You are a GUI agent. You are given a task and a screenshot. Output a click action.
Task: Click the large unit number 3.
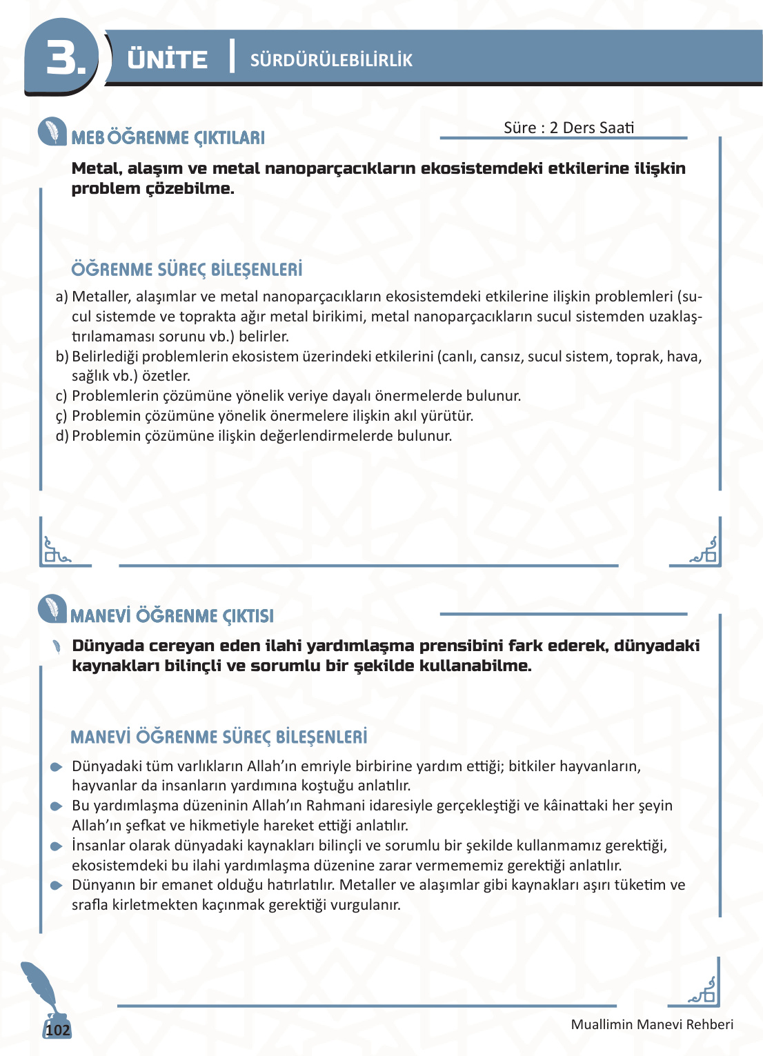(65, 58)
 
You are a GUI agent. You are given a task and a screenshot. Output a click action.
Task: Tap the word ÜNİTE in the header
(167, 60)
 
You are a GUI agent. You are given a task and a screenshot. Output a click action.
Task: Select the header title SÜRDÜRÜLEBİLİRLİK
(331, 61)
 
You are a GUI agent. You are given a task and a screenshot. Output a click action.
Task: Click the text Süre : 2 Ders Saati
(568, 128)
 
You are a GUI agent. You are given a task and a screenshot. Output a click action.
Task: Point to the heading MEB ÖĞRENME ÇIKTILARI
(168, 138)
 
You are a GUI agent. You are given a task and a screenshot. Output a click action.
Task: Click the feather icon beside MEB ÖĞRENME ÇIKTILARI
(52, 131)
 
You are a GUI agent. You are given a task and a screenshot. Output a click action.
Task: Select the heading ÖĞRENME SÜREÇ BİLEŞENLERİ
(187, 270)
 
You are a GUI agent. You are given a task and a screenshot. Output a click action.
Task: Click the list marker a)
(61, 297)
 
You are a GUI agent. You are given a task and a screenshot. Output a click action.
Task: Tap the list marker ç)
(61, 416)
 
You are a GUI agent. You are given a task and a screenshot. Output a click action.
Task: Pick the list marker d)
(61, 436)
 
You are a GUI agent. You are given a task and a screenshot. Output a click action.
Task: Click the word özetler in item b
(166, 376)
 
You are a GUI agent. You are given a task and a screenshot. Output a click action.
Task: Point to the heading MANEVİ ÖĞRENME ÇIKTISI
(172, 616)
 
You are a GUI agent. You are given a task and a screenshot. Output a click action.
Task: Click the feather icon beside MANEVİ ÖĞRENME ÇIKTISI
(52, 608)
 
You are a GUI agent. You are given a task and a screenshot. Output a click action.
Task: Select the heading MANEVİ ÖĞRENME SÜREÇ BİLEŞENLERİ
(219, 737)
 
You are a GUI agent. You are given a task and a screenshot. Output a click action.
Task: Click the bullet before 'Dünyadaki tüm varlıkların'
(57, 767)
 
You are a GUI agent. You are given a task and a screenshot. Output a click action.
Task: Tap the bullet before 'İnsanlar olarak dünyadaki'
(57, 846)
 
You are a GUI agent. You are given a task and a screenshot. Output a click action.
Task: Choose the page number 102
(57, 1030)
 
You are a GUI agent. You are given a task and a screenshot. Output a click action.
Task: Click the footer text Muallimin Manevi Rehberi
(652, 1025)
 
